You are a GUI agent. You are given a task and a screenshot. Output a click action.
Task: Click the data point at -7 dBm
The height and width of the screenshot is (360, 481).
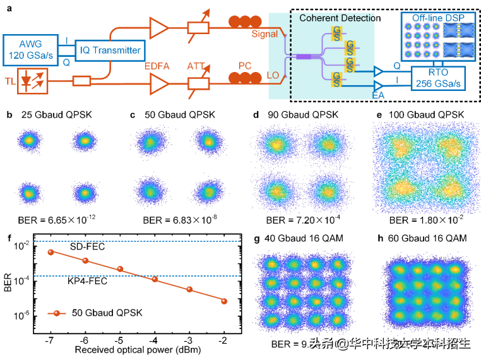[51, 252]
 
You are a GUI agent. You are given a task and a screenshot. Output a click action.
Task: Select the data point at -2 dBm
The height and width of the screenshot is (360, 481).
[224, 301]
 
